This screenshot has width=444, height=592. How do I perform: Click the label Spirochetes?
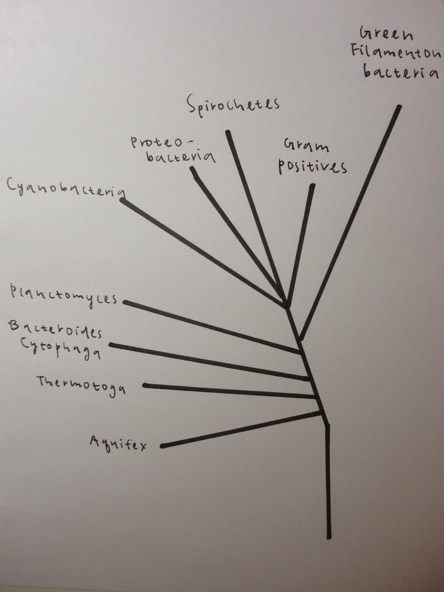pos(233,105)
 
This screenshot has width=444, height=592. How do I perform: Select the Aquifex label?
pos(118,443)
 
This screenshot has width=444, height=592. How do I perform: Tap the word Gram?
pos(306,146)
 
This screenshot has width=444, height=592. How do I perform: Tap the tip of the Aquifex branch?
pos(162,446)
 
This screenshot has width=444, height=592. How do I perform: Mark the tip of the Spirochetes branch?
pos(228,132)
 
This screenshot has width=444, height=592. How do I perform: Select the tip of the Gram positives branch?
pos(312,185)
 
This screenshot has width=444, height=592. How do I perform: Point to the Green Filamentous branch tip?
pos(399,107)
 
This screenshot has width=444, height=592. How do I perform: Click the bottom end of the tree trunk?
pos(329,537)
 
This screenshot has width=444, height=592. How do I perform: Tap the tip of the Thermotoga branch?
pos(145,386)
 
